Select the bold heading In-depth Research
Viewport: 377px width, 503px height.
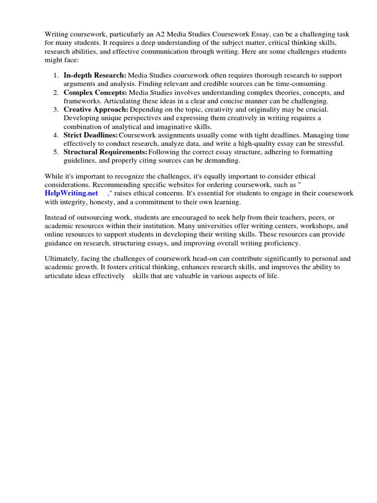(x=95, y=75)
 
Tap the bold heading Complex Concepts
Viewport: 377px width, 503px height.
(x=95, y=92)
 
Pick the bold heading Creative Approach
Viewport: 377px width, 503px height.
(x=96, y=109)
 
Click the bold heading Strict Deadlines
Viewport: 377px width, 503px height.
(x=90, y=135)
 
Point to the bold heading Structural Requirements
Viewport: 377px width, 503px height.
(x=105, y=152)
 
